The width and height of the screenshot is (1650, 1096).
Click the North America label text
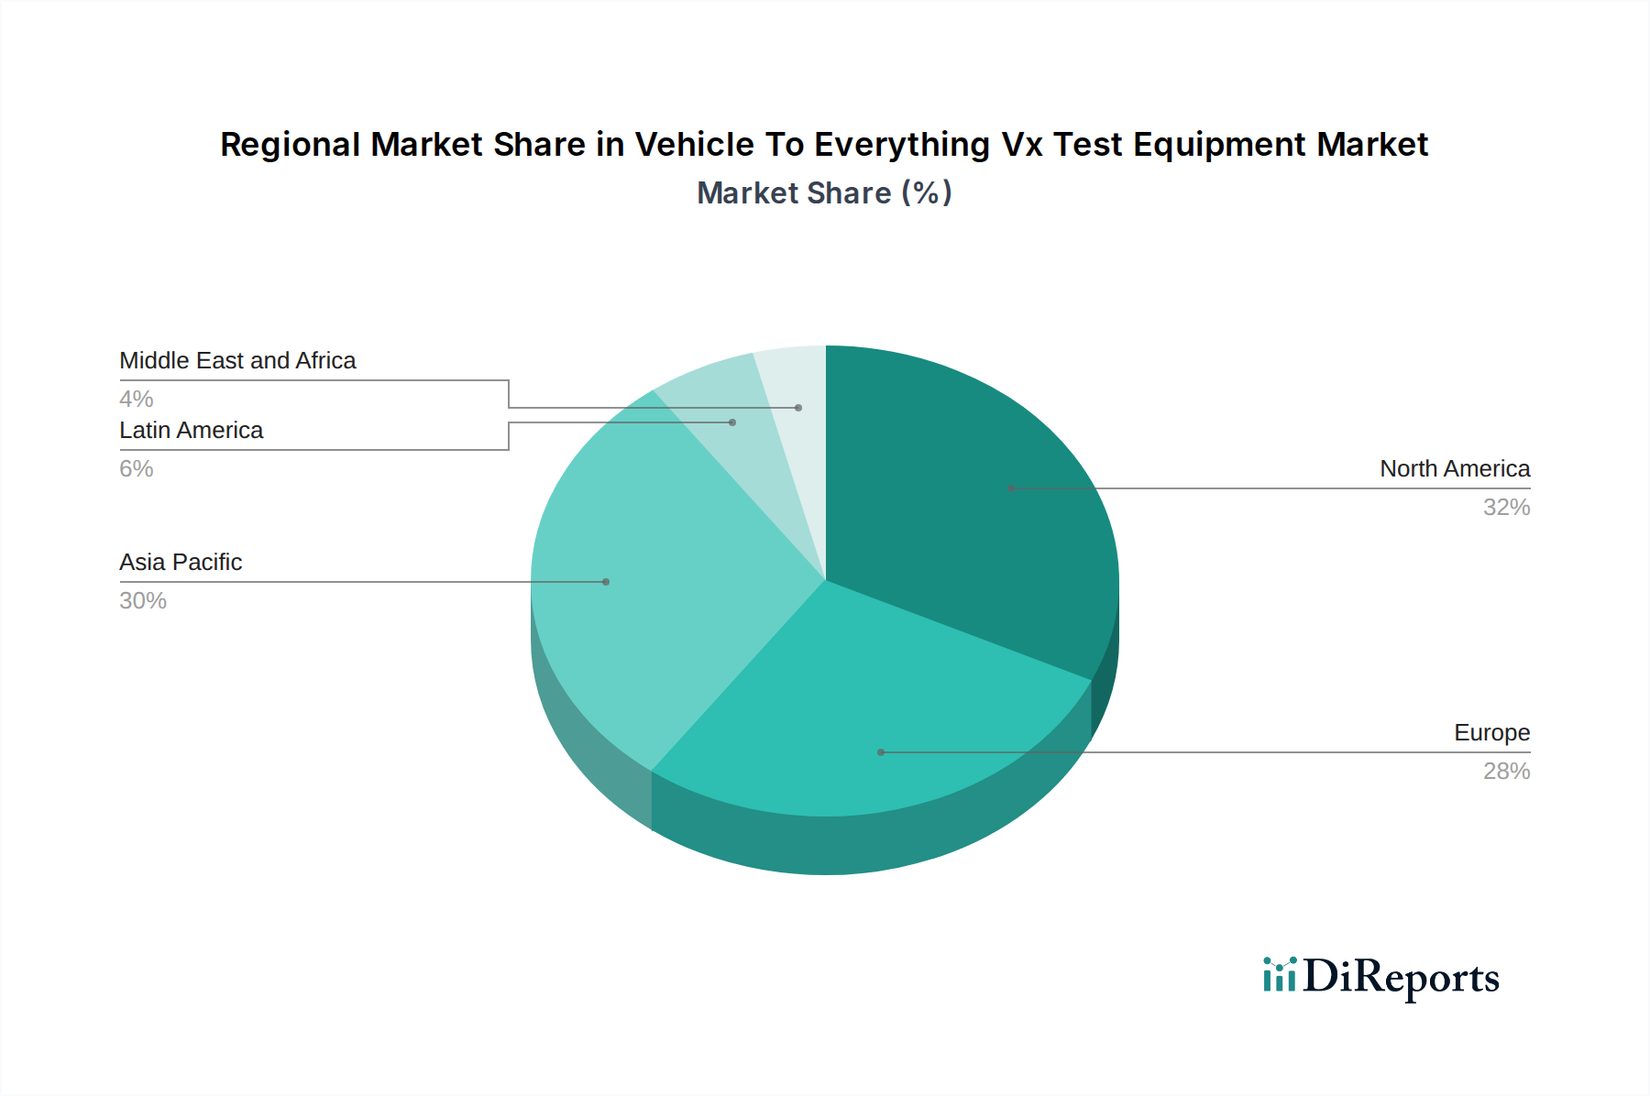coord(1454,469)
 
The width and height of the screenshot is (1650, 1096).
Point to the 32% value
coord(1506,508)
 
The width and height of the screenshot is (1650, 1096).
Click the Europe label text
coord(1491,733)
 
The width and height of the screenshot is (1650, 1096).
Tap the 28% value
coord(1506,772)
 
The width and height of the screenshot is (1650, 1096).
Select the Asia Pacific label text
coord(181,563)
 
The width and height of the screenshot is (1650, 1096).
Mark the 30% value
coord(143,601)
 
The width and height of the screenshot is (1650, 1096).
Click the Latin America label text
coord(191,431)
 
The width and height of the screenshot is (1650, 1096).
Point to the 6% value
coord(137,469)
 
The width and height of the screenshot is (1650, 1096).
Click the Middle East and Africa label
coord(237,361)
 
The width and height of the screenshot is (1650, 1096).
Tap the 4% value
coord(137,400)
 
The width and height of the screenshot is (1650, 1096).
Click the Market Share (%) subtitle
coord(824,193)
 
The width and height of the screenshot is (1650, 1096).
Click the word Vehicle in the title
coord(688,145)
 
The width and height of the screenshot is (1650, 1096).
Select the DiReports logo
coord(1380,977)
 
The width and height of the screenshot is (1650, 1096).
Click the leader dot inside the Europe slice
coord(881,752)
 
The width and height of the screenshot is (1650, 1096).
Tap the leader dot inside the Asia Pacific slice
coord(606,582)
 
